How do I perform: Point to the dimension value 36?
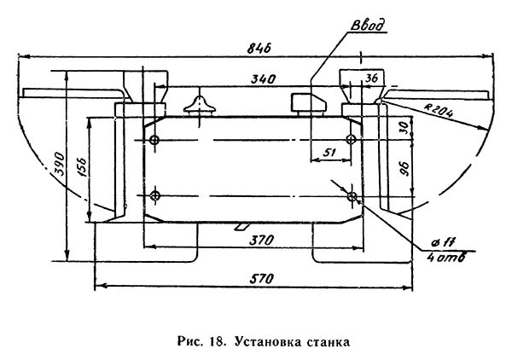[x=370, y=78]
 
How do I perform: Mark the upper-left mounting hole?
[x=154, y=139]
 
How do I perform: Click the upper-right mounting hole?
[x=351, y=139]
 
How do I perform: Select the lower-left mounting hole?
[x=154, y=196]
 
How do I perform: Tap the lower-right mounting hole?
[x=351, y=196]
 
